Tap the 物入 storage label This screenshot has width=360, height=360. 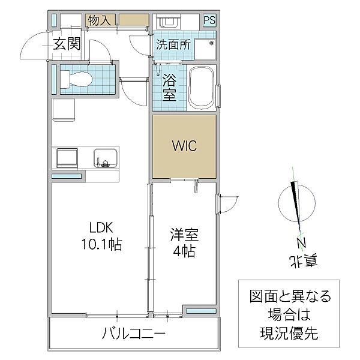(99, 20)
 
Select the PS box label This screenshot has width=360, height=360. (209, 20)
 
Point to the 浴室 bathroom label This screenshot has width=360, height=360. (170, 88)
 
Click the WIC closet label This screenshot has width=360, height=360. (184, 146)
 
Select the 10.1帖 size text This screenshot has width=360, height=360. (101, 245)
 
